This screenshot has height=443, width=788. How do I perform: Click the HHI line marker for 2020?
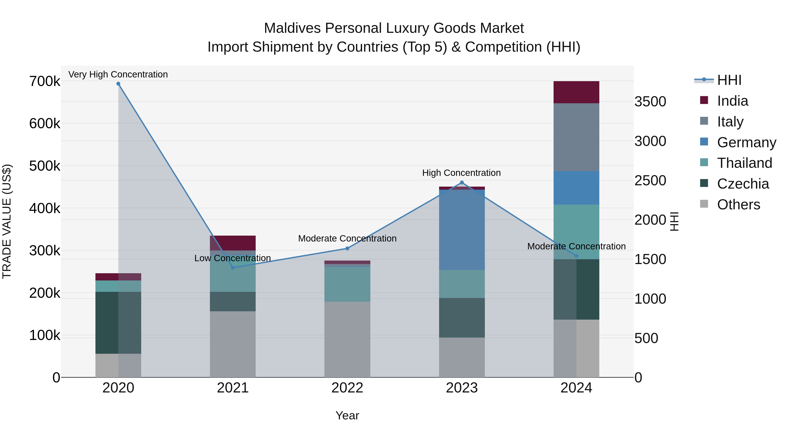tap(118, 84)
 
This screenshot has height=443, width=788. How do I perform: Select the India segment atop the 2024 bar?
tap(576, 92)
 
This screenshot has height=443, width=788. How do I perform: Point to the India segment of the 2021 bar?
tap(233, 243)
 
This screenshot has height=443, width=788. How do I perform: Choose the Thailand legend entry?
tap(744, 163)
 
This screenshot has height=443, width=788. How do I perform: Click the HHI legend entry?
tap(729, 80)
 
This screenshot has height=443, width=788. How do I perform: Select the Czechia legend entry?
tap(743, 184)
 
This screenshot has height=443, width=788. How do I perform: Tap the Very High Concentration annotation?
tap(118, 75)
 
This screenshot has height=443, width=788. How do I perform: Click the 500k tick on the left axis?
tap(45, 166)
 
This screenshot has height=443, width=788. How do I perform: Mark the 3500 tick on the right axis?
tap(650, 102)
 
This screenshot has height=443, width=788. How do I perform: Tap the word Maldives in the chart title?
tap(293, 28)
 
